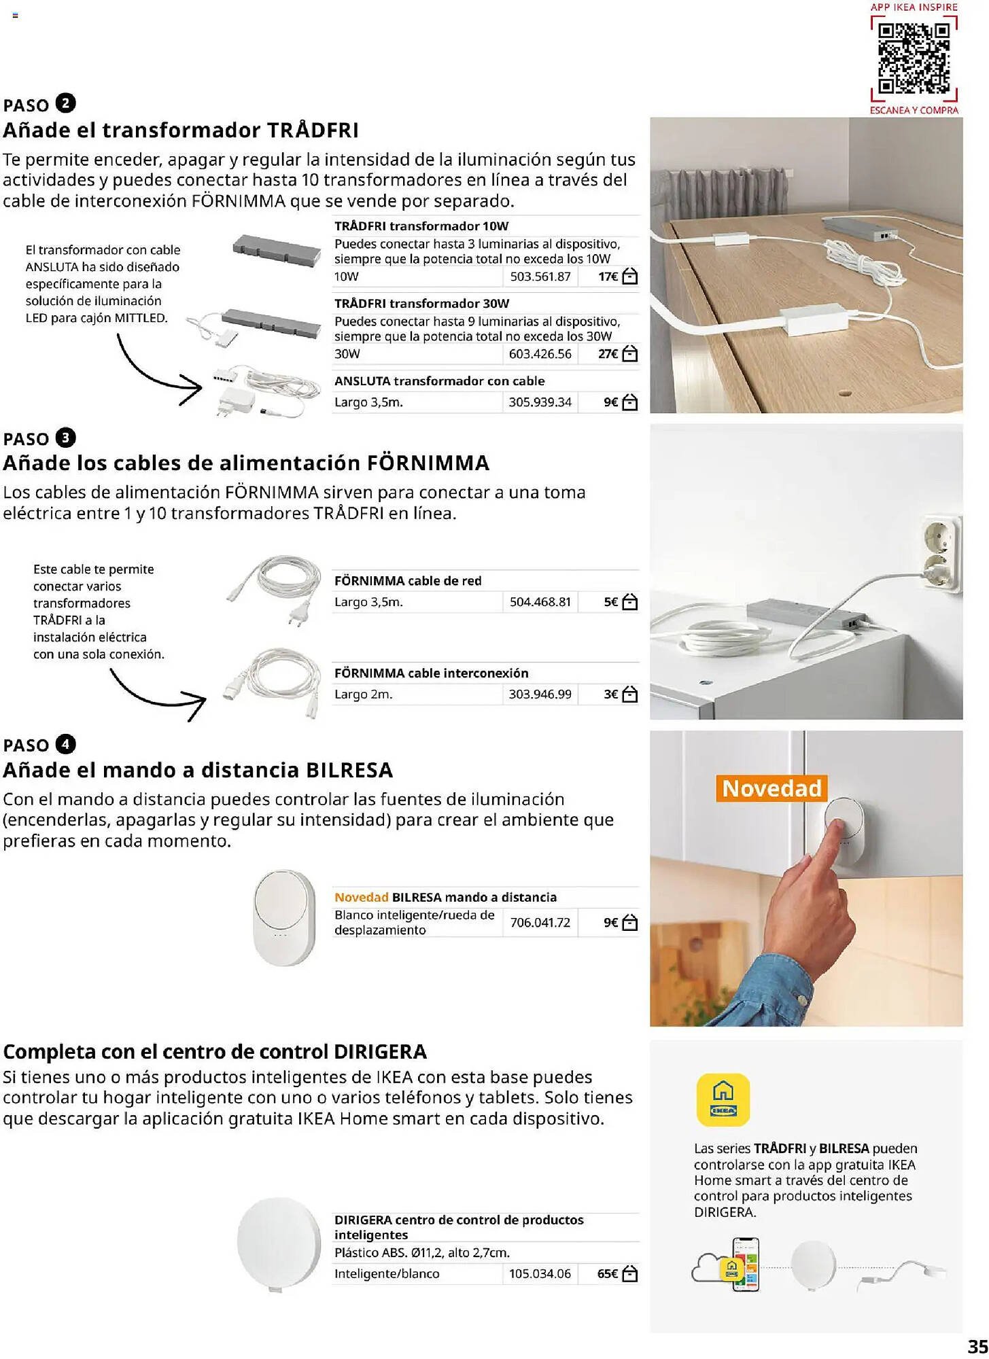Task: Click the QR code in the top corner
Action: (914, 58)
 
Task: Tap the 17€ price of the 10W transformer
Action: (608, 277)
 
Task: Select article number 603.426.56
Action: (540, 354)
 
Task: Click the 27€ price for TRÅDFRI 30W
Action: (608, 354)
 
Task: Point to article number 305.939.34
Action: (540, 402)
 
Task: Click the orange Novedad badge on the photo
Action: (771, 788)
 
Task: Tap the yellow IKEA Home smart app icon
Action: (723, 1099)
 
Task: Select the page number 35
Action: (977, 1346)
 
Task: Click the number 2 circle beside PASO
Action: (65, 103)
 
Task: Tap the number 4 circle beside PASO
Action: (65, 744)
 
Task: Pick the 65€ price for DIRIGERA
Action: (607, 1273)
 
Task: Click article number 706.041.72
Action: (540, 922)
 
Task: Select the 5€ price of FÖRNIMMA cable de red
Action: (610, 602)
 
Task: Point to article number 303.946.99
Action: (540, 694)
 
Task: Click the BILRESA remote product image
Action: (285, 917)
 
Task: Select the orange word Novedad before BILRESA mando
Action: (361, 897)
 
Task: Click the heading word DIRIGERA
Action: (380, 1051)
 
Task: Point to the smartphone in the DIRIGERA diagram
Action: (745, 1264)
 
